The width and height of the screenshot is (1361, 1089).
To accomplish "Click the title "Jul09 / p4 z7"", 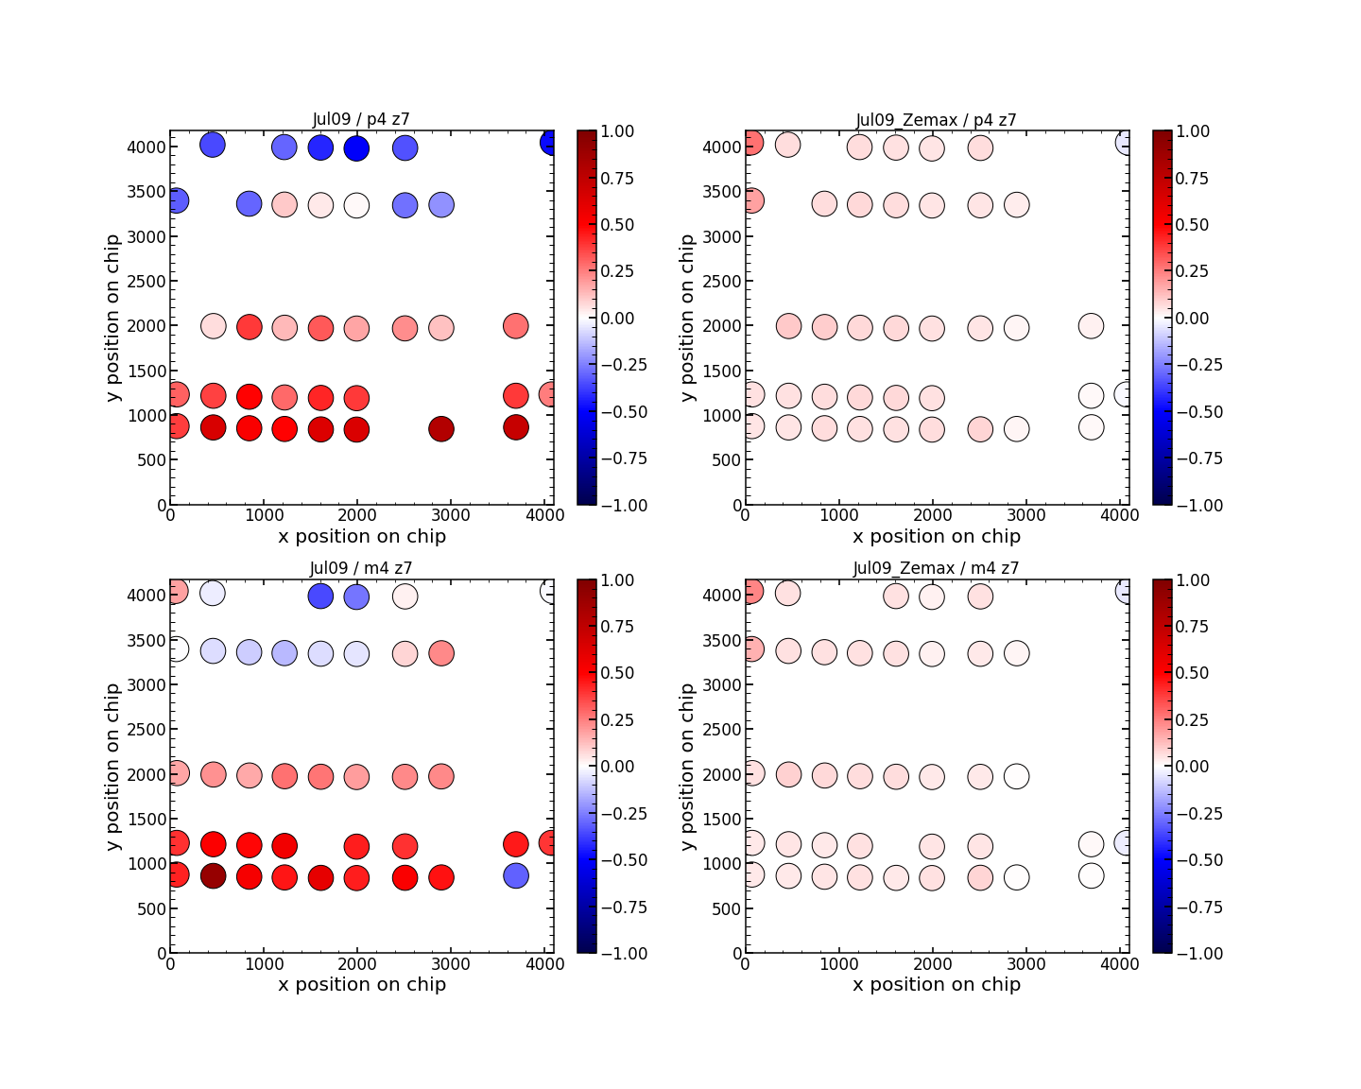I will [361, 120].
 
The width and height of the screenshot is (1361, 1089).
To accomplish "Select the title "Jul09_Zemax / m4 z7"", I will [936, 568].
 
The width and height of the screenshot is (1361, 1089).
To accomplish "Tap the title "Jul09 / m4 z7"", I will [361, 568].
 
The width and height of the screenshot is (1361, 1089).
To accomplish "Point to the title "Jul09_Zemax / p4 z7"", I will [936, 120].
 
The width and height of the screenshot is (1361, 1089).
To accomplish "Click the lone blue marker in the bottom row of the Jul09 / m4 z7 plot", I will [515, 875].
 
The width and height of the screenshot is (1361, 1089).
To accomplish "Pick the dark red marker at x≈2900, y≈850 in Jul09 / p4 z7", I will [441, 429].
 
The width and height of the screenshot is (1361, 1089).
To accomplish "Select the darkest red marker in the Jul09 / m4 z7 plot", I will [213, 875].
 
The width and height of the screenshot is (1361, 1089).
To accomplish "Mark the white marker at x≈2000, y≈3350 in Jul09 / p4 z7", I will [356, 205].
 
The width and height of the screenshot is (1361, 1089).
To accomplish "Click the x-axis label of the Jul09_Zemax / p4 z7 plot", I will [936, 537].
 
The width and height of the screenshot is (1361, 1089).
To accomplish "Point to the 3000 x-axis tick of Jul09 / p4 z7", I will [450, 515].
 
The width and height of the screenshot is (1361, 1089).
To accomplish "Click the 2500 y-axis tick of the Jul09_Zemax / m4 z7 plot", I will [723, 729].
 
